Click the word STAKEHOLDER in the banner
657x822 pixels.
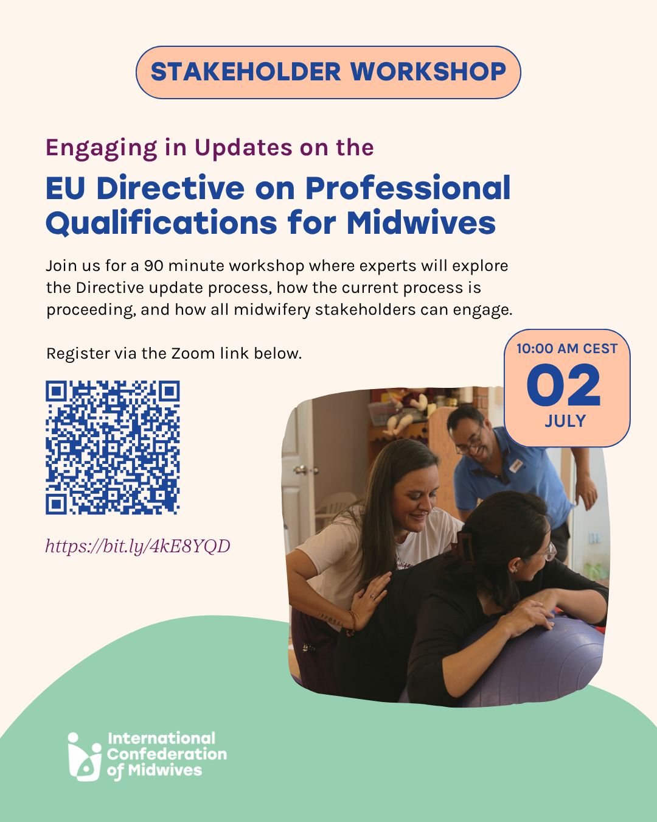[x=246, y=72]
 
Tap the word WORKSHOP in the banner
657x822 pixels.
[x=428, y=72]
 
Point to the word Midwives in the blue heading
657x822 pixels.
[x=421, y=223]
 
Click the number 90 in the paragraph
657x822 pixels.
[x=153, y=266]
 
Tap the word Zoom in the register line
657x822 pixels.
[x=193, y=354]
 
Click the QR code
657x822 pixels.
[x=113, y=448]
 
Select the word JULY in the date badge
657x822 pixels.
[x=565, y=421]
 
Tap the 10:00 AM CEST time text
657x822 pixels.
[x=567, y=349]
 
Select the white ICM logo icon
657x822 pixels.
[x=85, y=757]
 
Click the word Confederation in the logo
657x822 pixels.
[x=167, y=754]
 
